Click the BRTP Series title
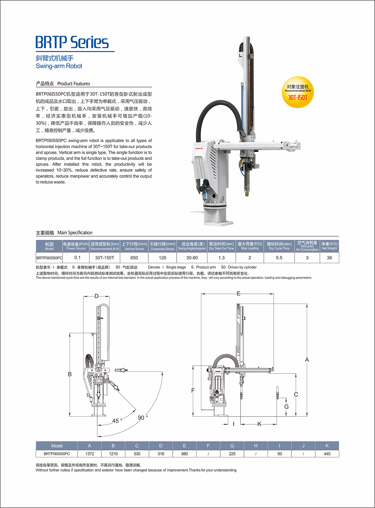72,43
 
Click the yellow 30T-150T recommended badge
298,92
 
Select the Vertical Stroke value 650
134,258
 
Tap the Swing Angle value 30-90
192,258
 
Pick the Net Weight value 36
329,258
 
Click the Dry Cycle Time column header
279,246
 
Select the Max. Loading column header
250,246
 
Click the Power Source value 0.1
77,258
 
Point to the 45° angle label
117,421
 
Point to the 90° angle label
143,418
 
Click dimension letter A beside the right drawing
307,360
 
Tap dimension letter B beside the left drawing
70,374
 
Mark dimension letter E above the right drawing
239,293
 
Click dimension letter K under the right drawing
259,424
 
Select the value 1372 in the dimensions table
90,454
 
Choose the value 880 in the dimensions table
184,454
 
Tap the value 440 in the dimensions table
327,454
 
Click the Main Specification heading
64,233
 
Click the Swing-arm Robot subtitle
59,66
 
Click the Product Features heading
63,84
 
